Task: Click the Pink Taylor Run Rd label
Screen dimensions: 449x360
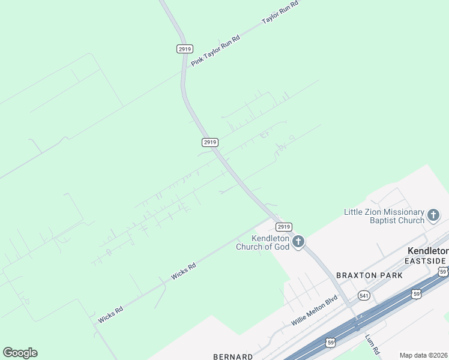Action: [x=215, y=51]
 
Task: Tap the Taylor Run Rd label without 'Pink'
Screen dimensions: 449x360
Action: [x=280, y=12]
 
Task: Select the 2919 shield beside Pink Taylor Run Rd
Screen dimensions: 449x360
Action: [x=184, y=49]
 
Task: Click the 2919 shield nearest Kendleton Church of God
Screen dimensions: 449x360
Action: [x=284, y=226]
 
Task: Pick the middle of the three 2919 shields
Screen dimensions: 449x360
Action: [x=209, y=142]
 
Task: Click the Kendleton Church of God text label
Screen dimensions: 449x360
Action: [x=262, y=242]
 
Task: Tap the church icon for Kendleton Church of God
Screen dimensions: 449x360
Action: [x=298, y=242]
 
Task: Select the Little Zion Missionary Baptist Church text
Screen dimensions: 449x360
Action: [x=384, y=216]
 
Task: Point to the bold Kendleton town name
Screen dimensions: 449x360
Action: [x=427, y=251]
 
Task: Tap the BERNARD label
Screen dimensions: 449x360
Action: [x=233, y=356]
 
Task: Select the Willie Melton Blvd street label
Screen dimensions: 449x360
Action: [x=315, y=310]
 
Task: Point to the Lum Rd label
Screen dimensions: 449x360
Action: [x=373, y=344]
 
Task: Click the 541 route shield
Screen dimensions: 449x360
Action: [x=363, y=295]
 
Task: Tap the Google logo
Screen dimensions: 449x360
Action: [x=20, y=353]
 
